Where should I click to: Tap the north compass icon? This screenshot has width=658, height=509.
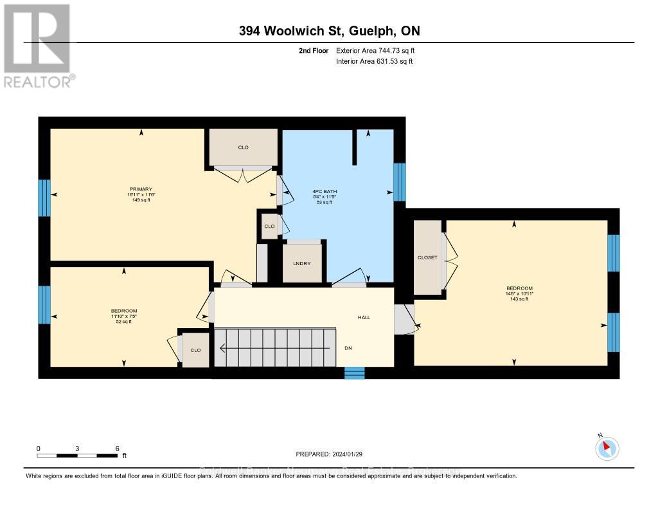(607, 449)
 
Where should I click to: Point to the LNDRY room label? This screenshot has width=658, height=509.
(302, 263)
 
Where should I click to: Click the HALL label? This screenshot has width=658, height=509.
(364, 317)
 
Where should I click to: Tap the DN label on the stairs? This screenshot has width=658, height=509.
(348, 348)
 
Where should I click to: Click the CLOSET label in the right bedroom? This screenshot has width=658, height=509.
(427, 257)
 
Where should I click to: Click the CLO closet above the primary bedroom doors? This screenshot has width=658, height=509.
(243, 147)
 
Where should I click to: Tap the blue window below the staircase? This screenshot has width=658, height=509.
(354, 373)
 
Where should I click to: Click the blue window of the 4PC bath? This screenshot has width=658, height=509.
(399, 182)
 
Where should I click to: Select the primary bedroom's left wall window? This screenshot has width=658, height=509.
(44, 198)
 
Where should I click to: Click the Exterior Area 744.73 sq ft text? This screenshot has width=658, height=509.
(380, 50)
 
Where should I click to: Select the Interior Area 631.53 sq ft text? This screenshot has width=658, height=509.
(375, 61)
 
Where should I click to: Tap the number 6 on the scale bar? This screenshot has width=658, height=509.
(117, 448)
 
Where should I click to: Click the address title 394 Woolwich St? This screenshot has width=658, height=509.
(328, 31)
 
